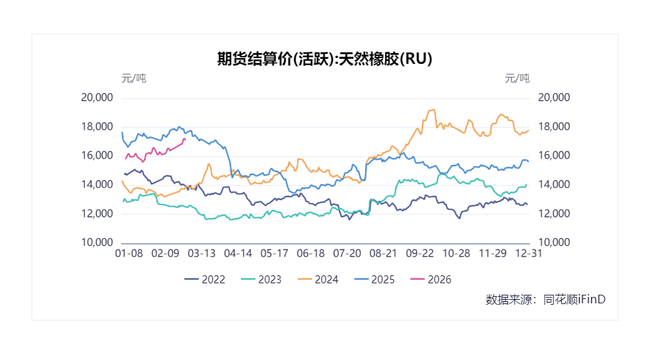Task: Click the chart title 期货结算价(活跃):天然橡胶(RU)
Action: point(324,59)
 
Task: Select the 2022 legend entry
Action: point(204,279)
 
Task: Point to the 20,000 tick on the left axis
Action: point(98,98)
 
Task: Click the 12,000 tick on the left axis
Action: point(98,214)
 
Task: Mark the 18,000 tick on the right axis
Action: point(554,127)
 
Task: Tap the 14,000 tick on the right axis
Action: point(554,185)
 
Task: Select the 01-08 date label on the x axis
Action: point(130,253)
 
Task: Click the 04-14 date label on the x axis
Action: point(237,253)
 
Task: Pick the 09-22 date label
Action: point(420,253)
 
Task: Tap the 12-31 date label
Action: point(529,253)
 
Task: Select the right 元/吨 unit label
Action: point(517,78)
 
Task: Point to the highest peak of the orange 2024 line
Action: point(433,110)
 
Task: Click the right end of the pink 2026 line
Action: point(184,140)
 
